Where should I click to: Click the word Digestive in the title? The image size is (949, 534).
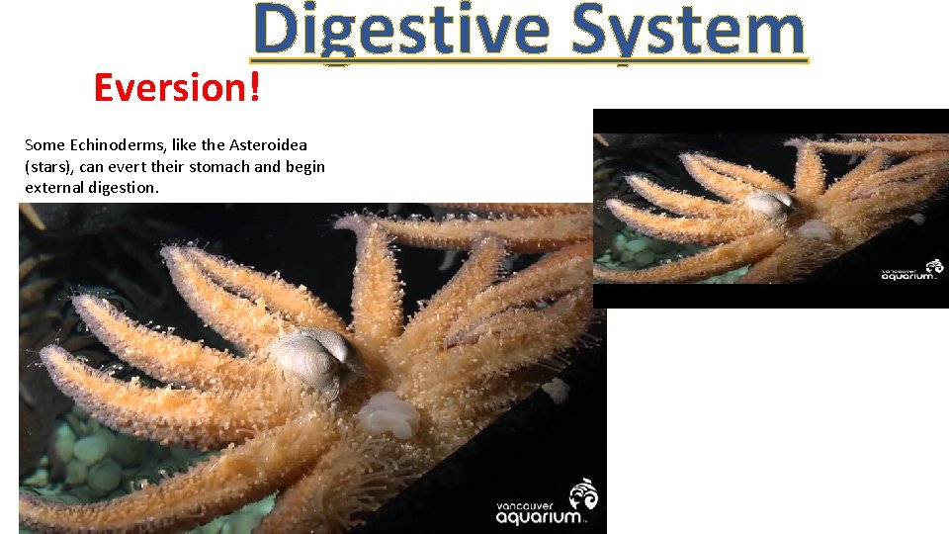pos(400,32)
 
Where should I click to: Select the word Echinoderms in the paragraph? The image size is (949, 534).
pos(111,145)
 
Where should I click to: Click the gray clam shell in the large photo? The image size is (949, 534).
pos(310,354)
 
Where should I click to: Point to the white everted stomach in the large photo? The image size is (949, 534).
pos(388,413)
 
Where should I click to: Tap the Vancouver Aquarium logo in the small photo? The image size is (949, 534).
pos(906,271)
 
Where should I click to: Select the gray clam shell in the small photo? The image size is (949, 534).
pos(769,205)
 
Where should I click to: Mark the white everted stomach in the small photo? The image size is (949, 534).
pos(817,230)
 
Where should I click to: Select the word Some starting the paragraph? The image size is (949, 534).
pos(44,145)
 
